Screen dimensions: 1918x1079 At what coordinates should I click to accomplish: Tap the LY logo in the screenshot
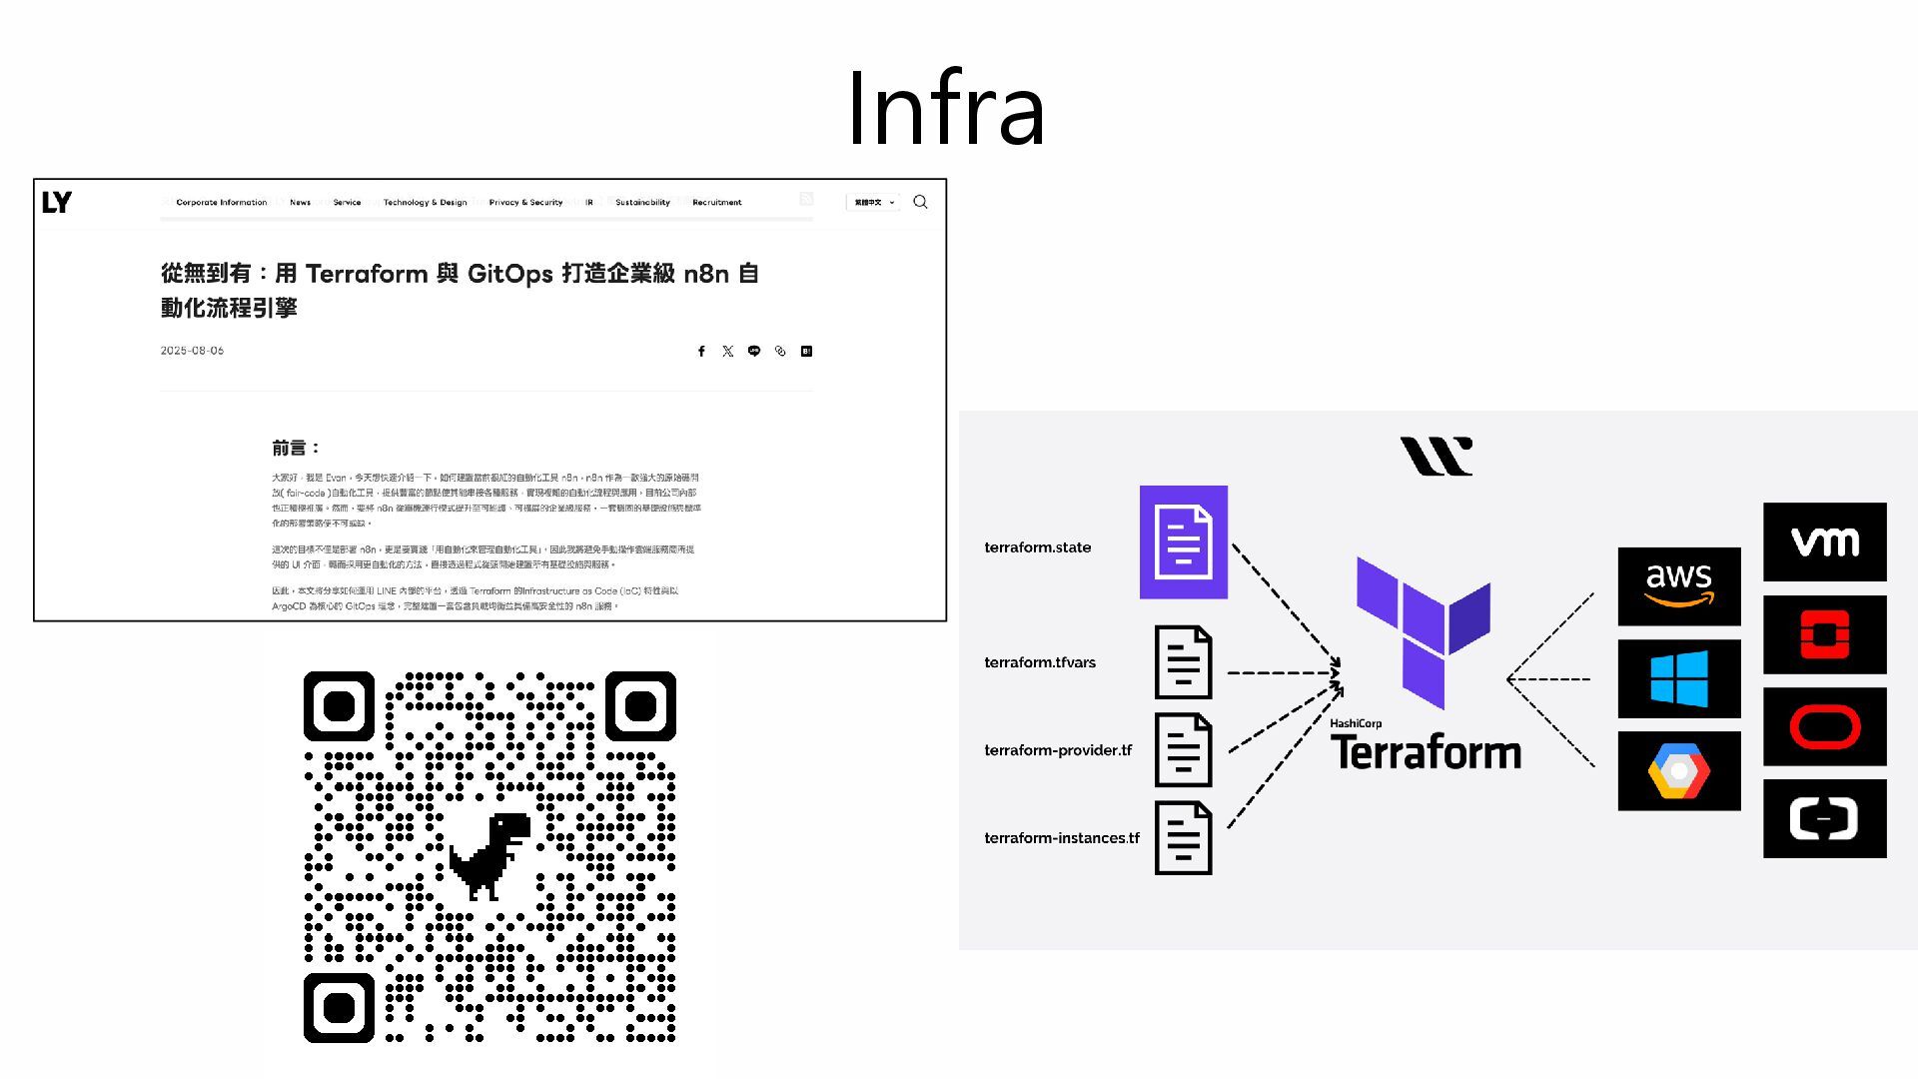(x=57, y=203)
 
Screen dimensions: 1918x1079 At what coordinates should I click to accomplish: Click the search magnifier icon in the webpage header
(x=920, y=202)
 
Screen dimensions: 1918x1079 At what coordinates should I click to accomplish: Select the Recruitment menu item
(x=716, y=203)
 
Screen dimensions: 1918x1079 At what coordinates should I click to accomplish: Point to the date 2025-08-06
(x=192, y=351)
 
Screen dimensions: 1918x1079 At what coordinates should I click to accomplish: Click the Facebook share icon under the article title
(x=701, y=352)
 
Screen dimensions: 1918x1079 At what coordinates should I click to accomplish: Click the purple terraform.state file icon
(x=1183, y=542)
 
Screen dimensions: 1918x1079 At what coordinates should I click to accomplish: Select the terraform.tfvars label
(x=1039, y=662)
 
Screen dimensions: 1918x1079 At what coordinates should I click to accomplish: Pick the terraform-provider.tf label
(x=1057, y=750)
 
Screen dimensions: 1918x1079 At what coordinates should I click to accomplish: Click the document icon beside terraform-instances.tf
(x=1183, y=838)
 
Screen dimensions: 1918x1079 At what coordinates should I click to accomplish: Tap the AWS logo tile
(x=1678, y=586)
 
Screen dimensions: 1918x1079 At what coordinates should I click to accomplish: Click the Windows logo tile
(x=1678, y=679)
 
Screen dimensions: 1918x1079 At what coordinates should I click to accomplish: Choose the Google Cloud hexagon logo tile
(x=1678, y=771)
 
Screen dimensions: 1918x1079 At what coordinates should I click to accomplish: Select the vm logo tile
(x=1824, y=542)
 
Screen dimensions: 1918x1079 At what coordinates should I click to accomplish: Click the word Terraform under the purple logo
(x=1426, y=752)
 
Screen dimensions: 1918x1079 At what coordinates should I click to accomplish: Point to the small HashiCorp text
(x=1356, y=723)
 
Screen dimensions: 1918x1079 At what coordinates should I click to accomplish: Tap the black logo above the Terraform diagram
(x=1436, y=457)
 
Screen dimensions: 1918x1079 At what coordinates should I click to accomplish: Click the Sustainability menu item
(x=642, y=203)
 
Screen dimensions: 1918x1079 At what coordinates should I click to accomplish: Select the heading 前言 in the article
(x=296, y=449)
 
